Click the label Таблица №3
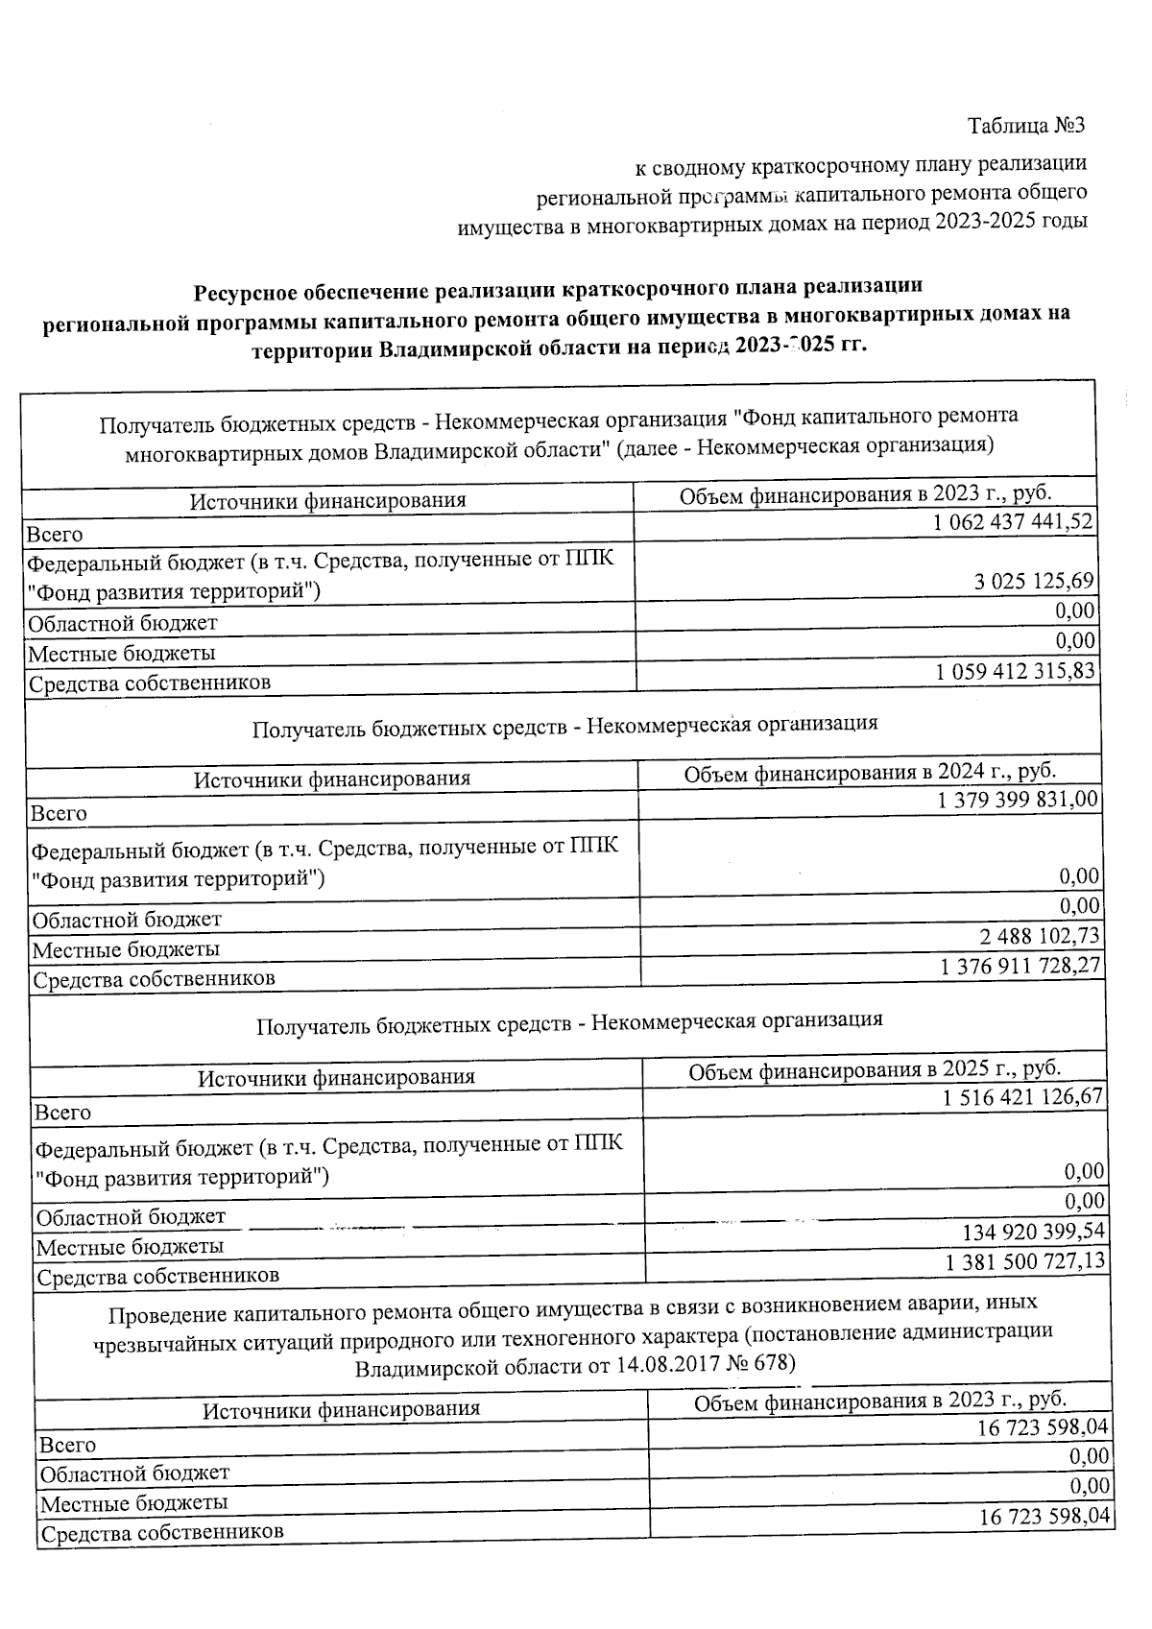(x=1026, y=126)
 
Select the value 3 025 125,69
(x=1033, y=582)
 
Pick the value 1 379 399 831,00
(x=1019, y=800)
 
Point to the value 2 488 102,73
(x=1038, y=936)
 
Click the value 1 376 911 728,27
(x=1020, y=966)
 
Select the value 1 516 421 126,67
(x=1023, y=1096)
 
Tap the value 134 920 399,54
(x=1034, y=1232)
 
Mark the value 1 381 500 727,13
(x=1025, y=1261)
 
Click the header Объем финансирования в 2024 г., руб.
(x=870, y=773)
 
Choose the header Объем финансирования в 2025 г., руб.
(x=875, y=1069)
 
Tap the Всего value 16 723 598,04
(x=1043, y=1428)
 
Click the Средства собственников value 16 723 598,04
(x=1044, y=1517)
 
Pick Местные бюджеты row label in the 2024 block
(x=126, y=950)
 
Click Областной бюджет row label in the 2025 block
(x=131, y=1217)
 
